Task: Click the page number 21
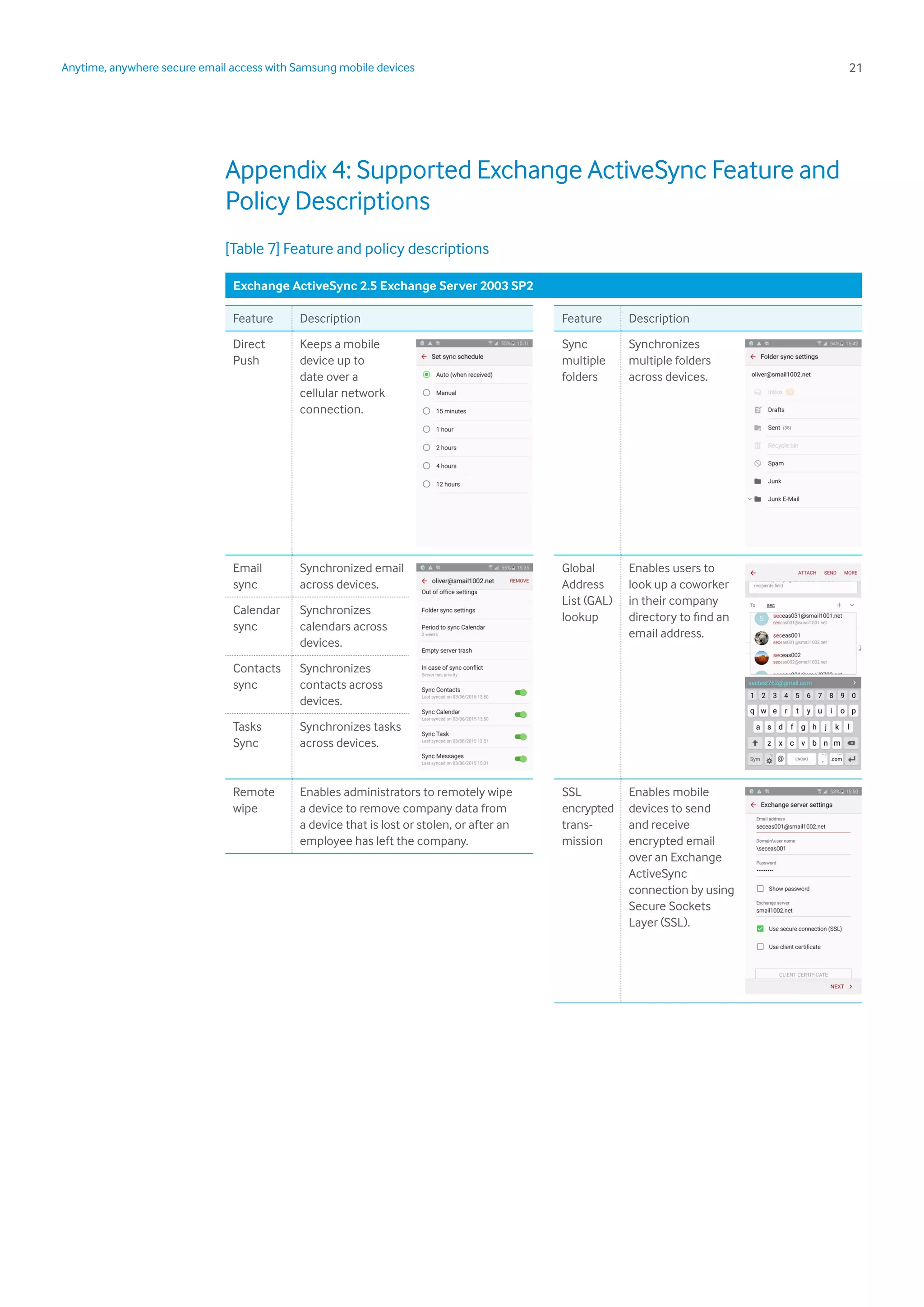tap(855, 68)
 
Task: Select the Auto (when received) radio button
tap(426, 375)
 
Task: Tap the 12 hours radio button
tap(426, 484)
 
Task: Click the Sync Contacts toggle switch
tap(521, 693)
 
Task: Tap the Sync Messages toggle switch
tap(521, 759)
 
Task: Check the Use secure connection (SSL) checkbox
tap(760, 928)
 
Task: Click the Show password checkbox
tap(760, 889)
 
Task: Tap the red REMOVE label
tap(519, 581)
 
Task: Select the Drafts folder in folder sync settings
tap(776, 410)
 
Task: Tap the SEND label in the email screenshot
tap(830, 573)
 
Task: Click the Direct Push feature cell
tap(249, 352)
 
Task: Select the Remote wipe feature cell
tap(253, 800)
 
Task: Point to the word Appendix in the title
tap(276, 170)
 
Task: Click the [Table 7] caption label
tap(252, 249)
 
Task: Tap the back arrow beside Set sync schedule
tap(424, 357)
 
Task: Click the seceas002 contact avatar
tap(761, 658)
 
